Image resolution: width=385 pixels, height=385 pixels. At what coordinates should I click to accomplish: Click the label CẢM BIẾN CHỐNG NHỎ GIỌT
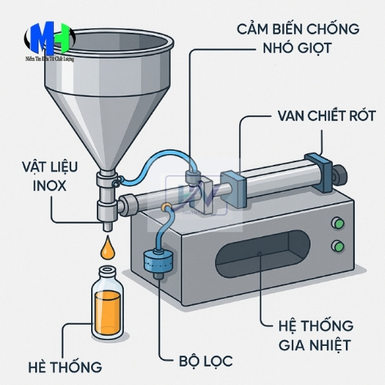pos(297,38)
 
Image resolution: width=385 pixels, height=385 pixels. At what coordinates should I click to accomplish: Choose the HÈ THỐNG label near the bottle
pos(65,368)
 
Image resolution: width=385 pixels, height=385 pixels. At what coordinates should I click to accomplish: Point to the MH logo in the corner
pos(48,42)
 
